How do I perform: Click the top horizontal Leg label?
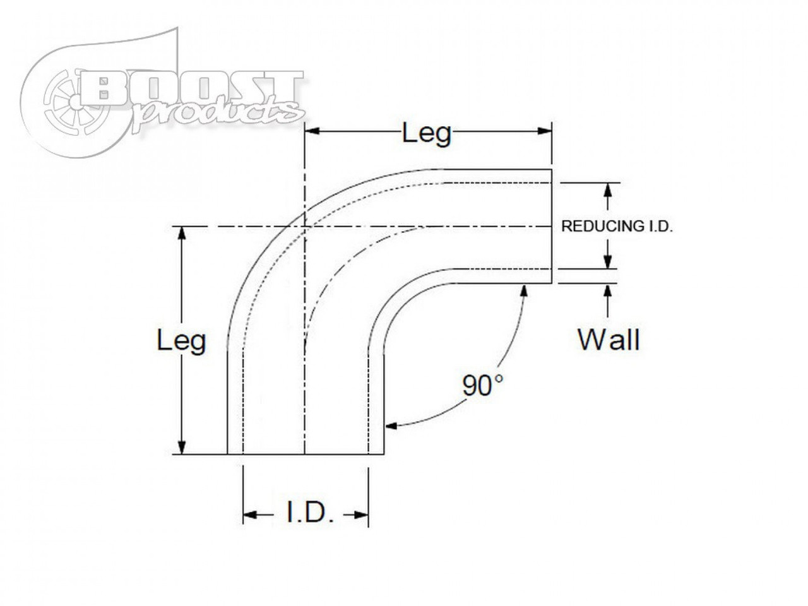427,133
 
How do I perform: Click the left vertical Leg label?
181,342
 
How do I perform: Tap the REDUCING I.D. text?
617,227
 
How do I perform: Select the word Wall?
609,340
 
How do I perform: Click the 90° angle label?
483,385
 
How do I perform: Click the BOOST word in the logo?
193,92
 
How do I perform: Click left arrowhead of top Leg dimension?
311,131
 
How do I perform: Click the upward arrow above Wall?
607,290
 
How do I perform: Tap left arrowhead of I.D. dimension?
248,515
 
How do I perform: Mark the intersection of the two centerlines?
305,227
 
